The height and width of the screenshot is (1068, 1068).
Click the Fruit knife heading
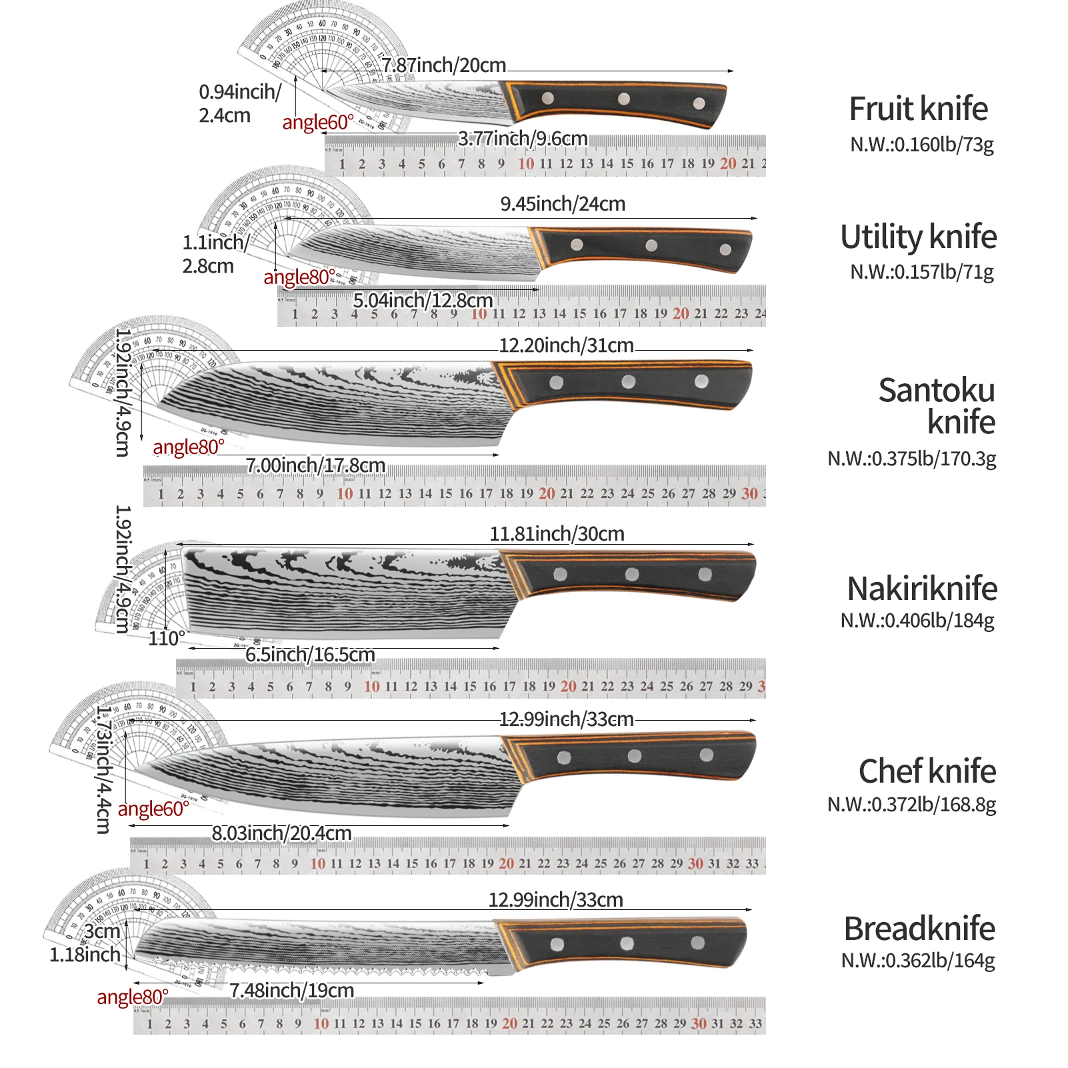pyautogui.click(x=918, y=109)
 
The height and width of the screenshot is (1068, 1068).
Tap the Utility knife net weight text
pyautogui.click(x=922, y=272)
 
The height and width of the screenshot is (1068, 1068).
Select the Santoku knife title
pyautogui.click(x=937, y=406)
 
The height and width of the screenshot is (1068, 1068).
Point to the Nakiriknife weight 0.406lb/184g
pyautogui.click(x=917, y=621)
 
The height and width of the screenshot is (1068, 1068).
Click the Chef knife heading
pyautogui.click(x=927, y=771)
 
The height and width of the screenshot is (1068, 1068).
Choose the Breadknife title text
pyautogui.click(x=919, y=929)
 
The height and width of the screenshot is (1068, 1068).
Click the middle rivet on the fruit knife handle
pyautogui.click(x=624, y=99)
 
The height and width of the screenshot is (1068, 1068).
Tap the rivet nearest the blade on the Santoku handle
pyautogui.click(x=556, y=383)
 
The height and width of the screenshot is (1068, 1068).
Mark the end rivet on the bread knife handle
pyautogui.click(x=697, y=943)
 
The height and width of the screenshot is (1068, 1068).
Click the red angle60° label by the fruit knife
pyautogui.click(x=318, y=123)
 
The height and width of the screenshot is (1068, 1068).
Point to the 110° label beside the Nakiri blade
pyautogui.click(x=167, y=639)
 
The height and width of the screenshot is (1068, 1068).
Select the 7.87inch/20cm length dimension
pyautogui.click(x=443, y=65)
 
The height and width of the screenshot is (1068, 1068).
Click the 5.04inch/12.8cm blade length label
pyautogui.click(x=423, y=301)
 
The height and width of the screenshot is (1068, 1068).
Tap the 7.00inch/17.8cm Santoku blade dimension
pyautogui.click(x=315, y=465)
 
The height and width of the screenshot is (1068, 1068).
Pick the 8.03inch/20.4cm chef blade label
pyautogui.click(x=281, y=833)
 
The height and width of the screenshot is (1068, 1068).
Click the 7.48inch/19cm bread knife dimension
pyautogui.click(x=292, y=991)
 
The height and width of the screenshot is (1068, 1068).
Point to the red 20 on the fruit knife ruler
pyautogui.click(x=728, y=164)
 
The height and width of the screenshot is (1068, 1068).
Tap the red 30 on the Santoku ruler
pyautogui.click(x=749, y=494)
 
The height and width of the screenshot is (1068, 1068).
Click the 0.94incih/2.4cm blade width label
pyautogui.click(x=239, y=103)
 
